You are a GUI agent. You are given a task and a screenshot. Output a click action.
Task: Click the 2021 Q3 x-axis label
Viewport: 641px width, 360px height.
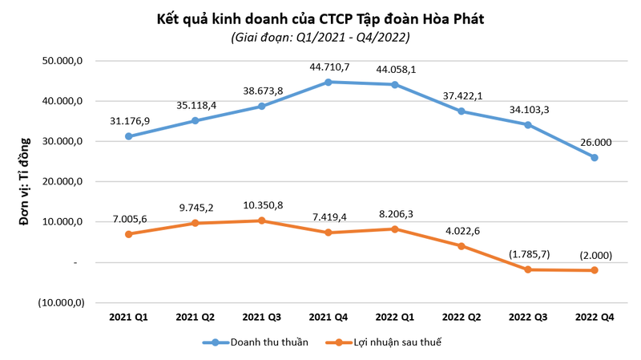(262, 318)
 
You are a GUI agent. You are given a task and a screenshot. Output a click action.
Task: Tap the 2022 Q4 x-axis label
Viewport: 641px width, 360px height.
(595, 318)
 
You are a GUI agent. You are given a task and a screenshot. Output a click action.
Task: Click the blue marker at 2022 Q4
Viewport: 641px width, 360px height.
(595, 157)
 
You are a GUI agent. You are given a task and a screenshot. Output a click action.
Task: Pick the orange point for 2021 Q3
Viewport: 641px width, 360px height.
(262, 220)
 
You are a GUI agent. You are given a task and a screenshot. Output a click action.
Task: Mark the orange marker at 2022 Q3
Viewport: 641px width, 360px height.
(528, 269)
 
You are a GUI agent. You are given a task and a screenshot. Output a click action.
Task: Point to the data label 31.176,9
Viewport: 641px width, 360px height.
(130, 121)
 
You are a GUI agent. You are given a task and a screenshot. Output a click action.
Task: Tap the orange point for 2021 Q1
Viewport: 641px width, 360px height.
(129, 234)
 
